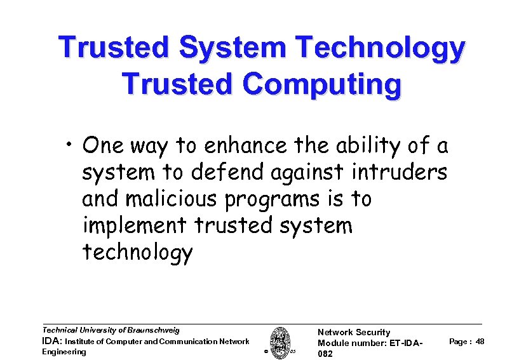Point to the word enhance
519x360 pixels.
coord(246,146)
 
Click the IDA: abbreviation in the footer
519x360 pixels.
coord(52,341)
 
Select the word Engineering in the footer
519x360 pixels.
coord(64,352)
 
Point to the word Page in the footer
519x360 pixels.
coord(458,342)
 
